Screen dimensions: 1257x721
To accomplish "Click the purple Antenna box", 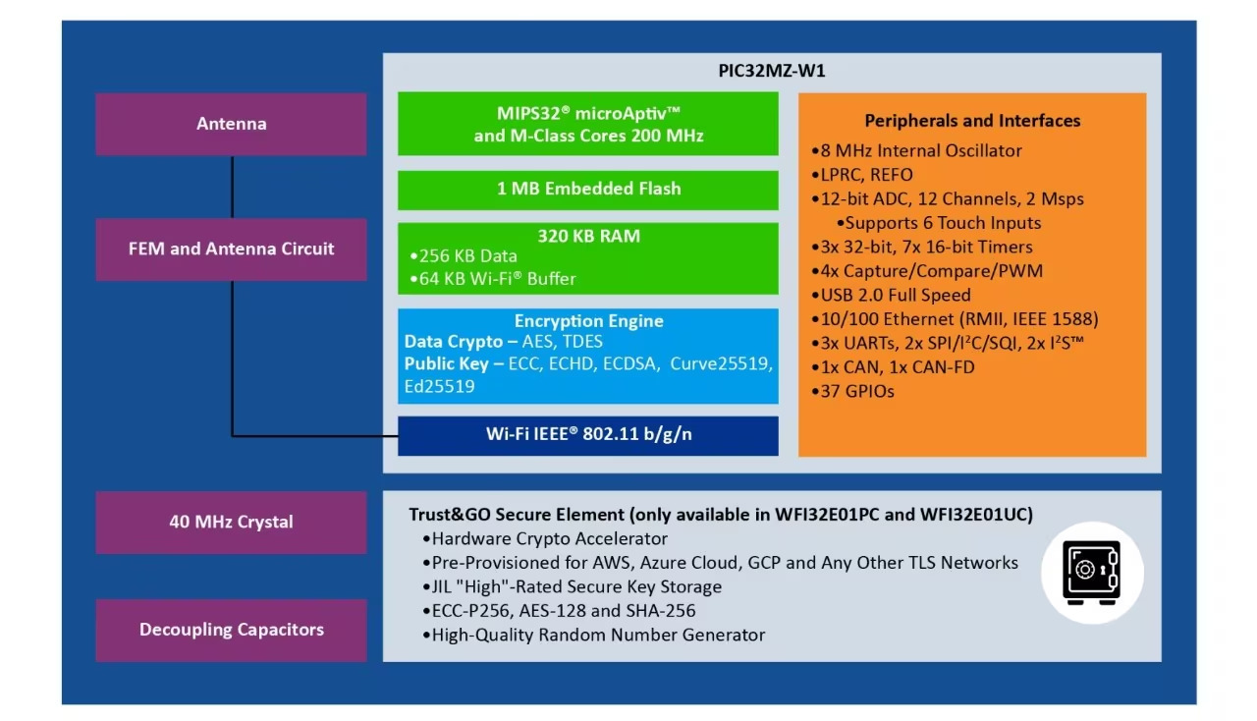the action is (x=231, y=124).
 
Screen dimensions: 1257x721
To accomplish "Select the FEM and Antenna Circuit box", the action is (x=231, y=250).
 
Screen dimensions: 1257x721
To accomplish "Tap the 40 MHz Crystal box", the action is (x=231, y=523).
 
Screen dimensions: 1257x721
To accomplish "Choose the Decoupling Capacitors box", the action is (x=231, y=630).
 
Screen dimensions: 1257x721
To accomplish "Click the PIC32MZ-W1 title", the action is (x=772, y=71).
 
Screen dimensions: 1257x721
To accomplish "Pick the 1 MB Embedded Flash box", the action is (x=588, y=190).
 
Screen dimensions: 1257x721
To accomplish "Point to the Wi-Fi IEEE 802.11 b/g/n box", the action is (x=588, y=436).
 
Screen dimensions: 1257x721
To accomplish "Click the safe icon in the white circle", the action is (x=1091, y=573).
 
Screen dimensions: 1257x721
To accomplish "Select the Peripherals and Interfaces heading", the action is (x=972, y=121).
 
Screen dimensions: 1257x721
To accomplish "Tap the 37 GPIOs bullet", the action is (x=853, y=391).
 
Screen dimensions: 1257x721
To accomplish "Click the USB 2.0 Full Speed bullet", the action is (x=891, y=295).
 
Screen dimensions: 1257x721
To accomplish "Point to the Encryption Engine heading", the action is (x=588, y=320).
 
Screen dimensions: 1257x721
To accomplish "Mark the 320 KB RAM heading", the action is (x=588, y=236).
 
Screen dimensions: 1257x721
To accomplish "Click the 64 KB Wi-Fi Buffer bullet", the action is (x=493, y=279).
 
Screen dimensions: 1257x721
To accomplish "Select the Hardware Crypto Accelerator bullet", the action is (x=545, y=539).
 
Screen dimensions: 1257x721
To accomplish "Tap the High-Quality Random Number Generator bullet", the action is (x=594, y=636).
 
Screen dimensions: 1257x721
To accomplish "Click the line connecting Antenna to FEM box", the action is (x=232, y=187).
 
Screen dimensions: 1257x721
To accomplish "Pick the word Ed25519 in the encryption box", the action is (x=439, y=386).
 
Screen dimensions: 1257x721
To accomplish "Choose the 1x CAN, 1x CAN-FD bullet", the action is (x=894, y=367).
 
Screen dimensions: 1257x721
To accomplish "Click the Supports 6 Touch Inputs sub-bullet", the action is (x=938, y=223).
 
